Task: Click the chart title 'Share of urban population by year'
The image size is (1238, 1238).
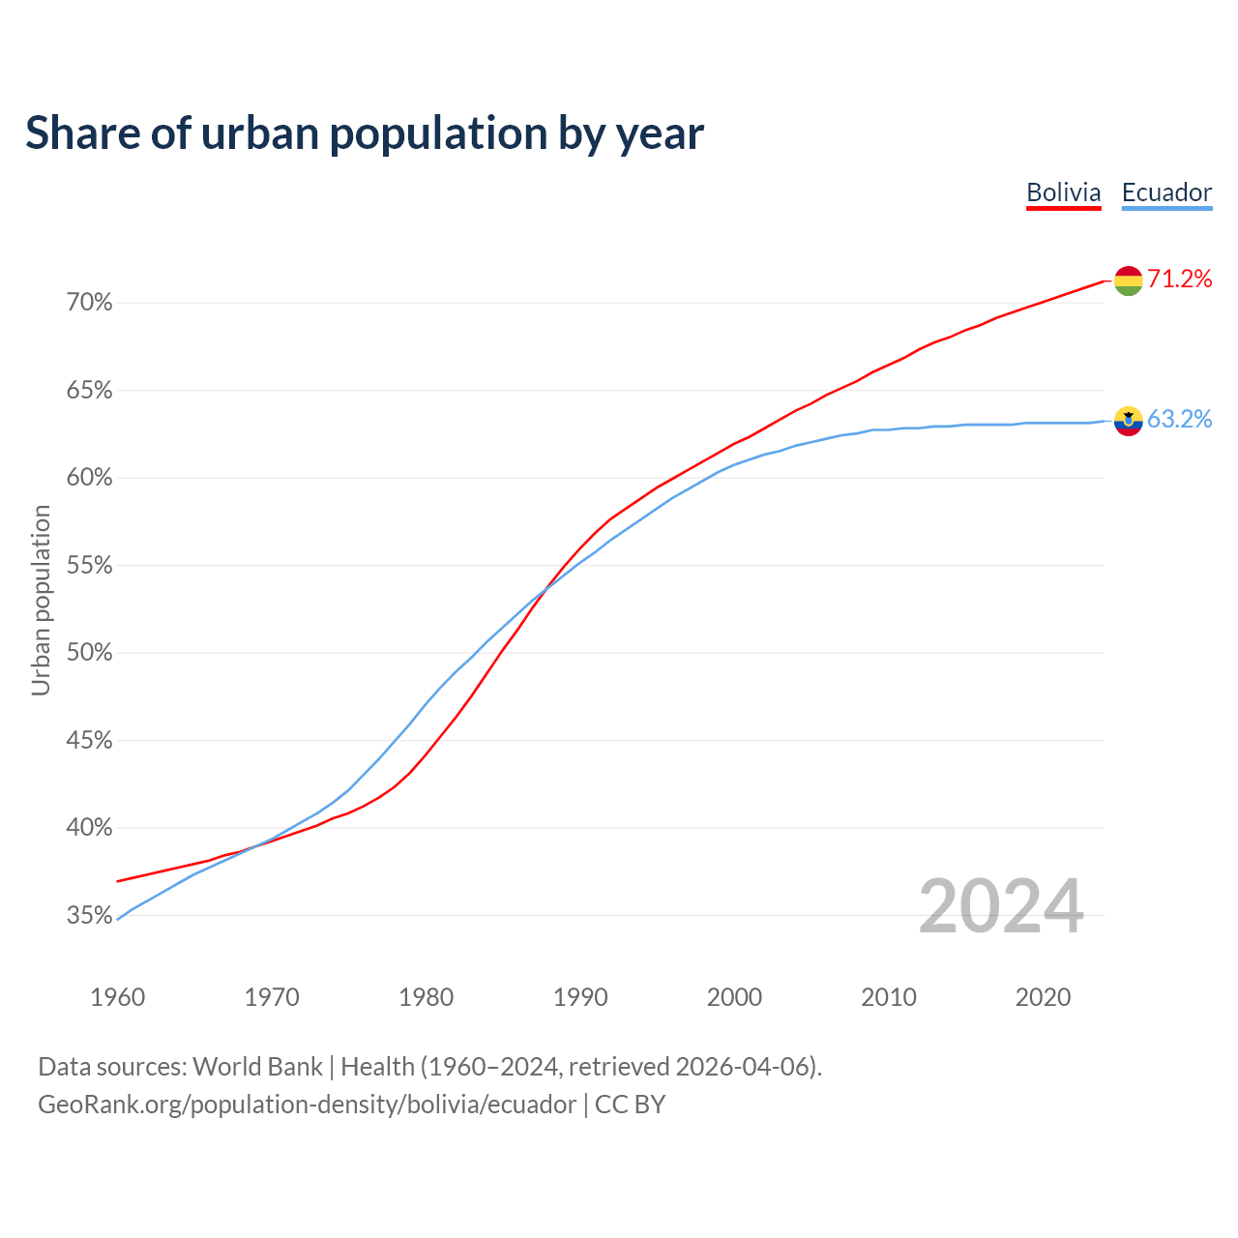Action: (364, 133)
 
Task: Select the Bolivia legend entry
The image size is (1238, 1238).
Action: (1063, 192)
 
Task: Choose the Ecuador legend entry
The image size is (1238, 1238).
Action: (1166, 192)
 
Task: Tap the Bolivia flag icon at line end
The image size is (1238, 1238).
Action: (1128, 280)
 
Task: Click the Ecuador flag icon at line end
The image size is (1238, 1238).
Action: (1128, 421)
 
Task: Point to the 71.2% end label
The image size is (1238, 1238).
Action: (1180, 280)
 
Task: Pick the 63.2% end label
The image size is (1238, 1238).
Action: (1180, 419)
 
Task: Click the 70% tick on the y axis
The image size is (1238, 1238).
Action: (89, 303)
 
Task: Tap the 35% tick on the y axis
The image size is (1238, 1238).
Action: (89, 916)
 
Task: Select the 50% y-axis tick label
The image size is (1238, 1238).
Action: (89, 653)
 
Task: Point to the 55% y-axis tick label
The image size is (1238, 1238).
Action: (89, 566)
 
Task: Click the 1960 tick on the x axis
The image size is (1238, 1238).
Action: (117, 997)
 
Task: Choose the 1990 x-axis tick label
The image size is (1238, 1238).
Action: (580, 997)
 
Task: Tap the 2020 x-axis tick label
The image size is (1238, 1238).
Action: (1043, 997)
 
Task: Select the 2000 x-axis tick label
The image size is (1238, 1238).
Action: (734, 997)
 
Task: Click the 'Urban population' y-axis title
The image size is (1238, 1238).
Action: (41, 600)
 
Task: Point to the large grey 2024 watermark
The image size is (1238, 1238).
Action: (1001, 906)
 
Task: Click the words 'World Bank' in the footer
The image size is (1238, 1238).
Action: (257, 1067)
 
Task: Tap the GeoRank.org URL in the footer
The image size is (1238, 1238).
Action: (307, 1105)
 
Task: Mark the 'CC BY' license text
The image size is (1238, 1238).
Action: (630, 1105)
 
